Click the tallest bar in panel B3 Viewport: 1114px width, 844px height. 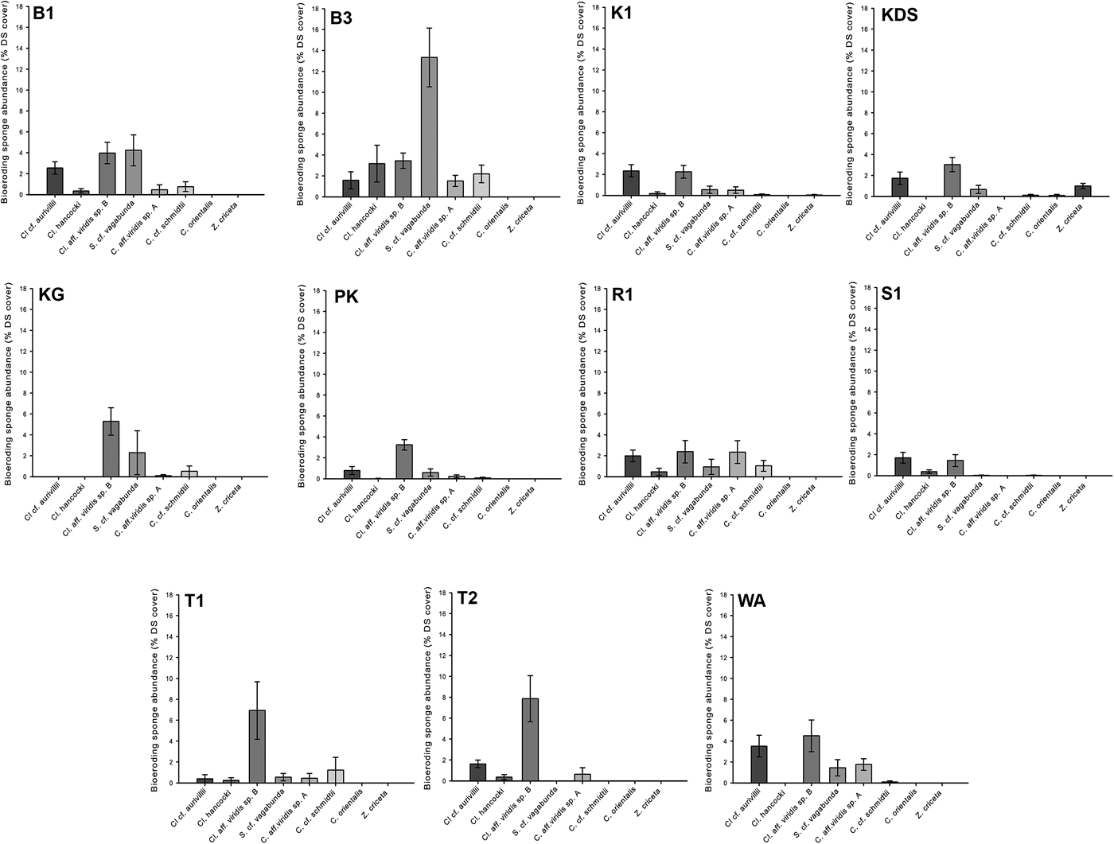click(429, 127)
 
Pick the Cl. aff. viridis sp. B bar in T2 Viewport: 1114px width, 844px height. click(530, 741)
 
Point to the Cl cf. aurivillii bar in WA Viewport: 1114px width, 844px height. click(759, 764)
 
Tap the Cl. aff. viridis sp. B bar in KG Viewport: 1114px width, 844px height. click(111, 449)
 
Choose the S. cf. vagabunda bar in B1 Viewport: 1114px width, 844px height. click(133, 173)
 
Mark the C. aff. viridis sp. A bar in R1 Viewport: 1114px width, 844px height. click(737, 465)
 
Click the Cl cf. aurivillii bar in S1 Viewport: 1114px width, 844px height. click(902, 467)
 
